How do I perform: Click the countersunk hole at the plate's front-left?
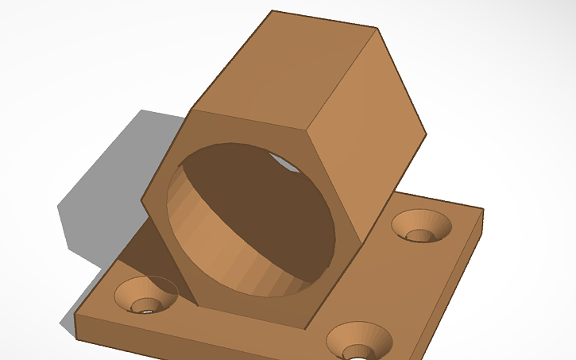tap(146, 295)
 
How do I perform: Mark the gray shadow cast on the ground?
tap(103, 199)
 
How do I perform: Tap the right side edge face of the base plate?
tap(453, 286)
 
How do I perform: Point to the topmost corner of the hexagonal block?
tap(273, 11)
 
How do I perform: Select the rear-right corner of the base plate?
tap(482, 210)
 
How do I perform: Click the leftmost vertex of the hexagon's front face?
tap(142, 199)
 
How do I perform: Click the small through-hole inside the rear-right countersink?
tap(421, 234)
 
